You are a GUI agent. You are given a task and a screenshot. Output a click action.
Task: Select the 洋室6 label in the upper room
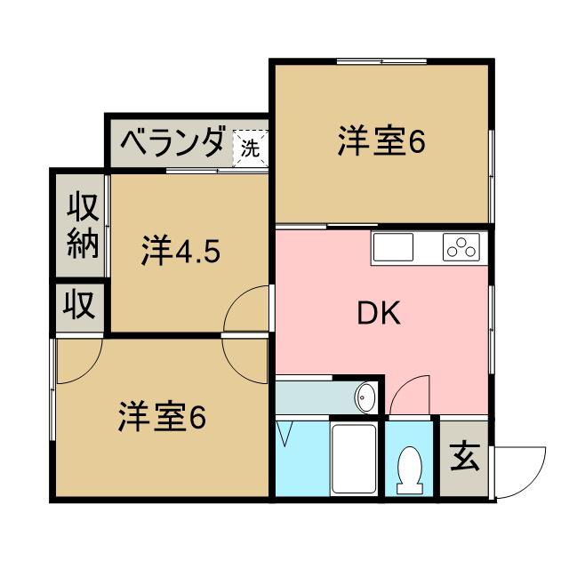pos(380,142)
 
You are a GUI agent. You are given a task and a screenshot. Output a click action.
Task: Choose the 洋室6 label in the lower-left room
pos(162,416)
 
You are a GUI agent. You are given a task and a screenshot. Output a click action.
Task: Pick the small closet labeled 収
pos(79,308)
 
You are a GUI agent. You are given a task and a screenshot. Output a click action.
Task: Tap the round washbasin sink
pos(365,397)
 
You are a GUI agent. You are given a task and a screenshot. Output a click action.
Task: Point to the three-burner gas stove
pos(461,247)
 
